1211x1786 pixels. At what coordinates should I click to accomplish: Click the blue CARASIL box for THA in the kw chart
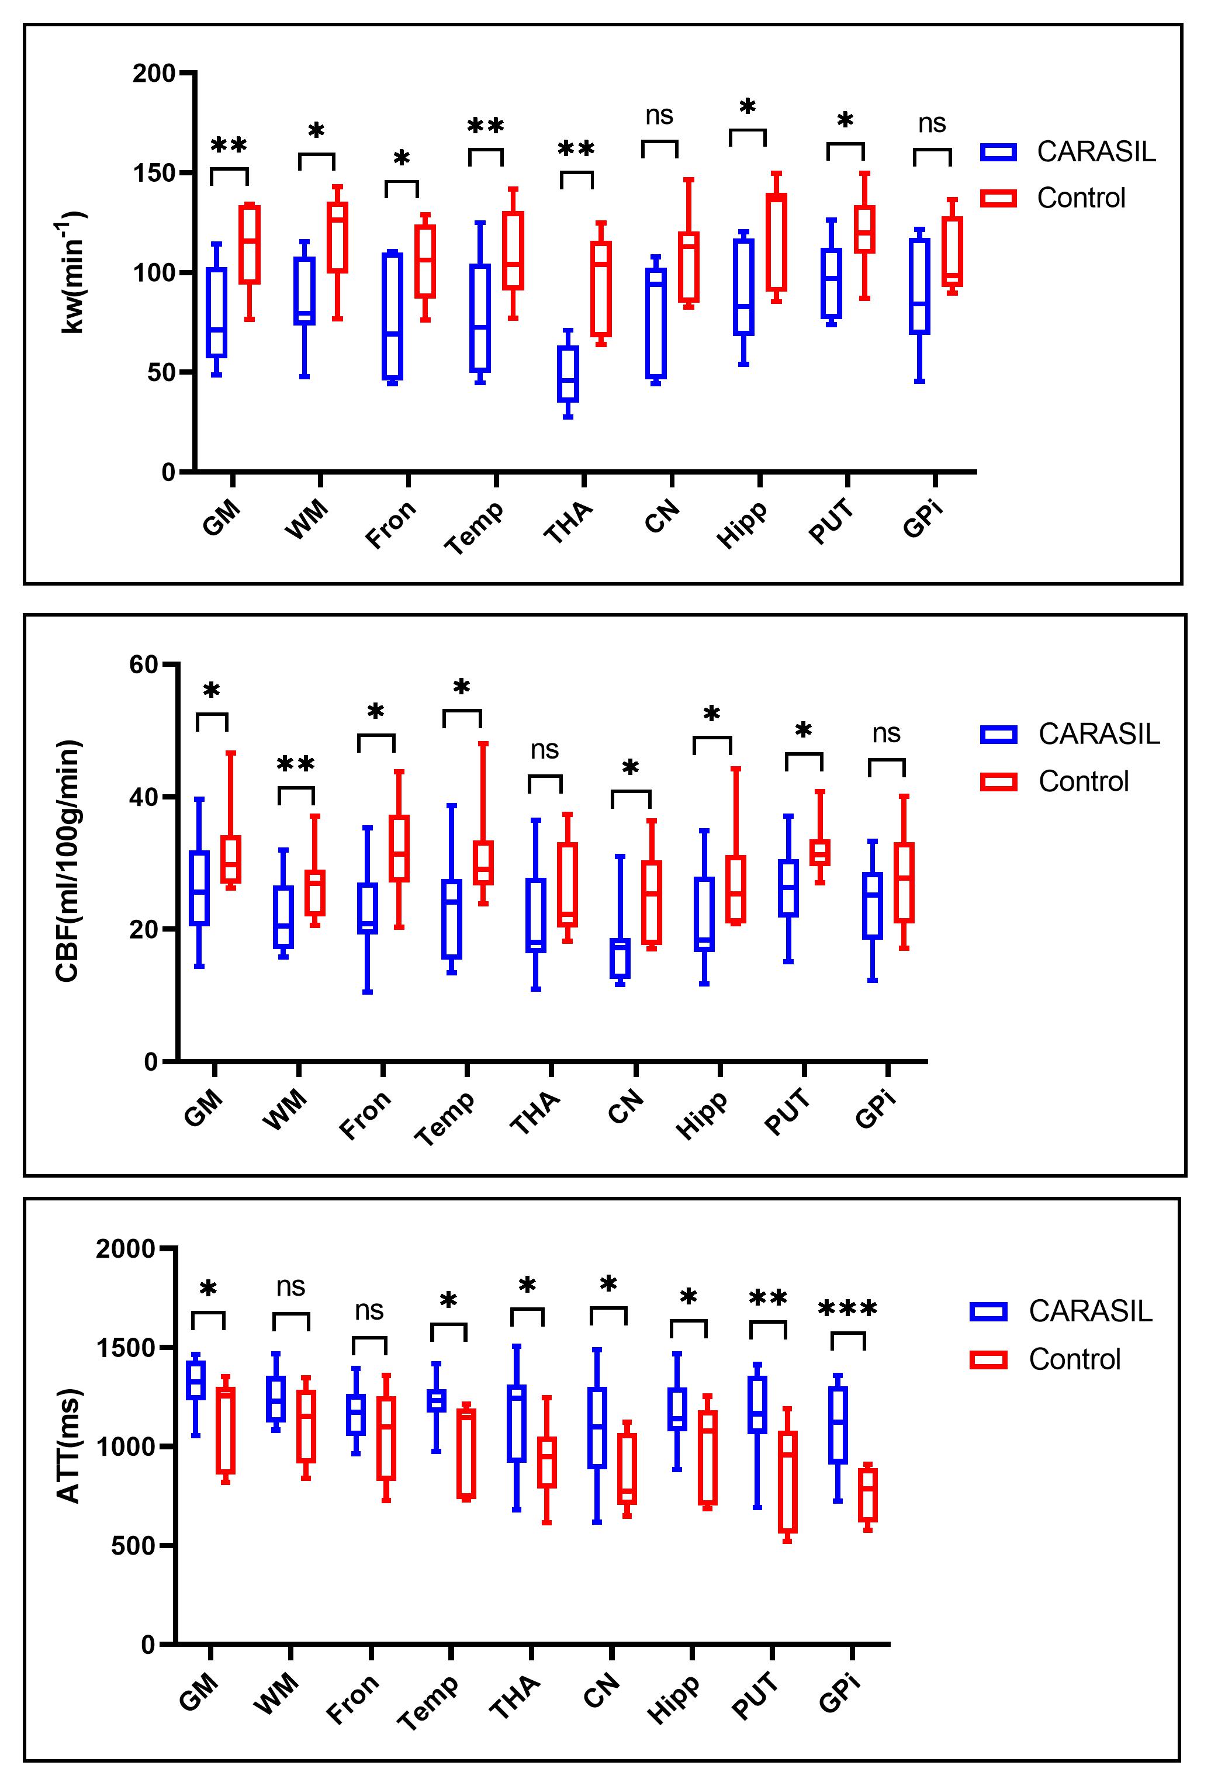click(568, 373)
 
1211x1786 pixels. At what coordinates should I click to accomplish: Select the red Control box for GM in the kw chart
click(249, 244)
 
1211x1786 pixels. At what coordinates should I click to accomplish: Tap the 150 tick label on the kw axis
click(154, 173)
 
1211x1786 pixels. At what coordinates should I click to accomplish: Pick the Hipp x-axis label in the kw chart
click(742, 524)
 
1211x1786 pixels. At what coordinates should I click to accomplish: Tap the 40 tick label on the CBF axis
click(144, 797)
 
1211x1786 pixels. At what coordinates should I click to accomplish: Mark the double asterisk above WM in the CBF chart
click(296, 764)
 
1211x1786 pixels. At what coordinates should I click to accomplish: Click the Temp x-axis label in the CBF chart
click(445, 1119)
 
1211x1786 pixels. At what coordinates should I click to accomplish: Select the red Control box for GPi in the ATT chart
click(869, 1495)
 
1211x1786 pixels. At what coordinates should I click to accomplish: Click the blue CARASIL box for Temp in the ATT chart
click(437, 1400)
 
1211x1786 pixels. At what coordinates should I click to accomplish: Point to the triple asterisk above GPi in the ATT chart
click(847, 1309)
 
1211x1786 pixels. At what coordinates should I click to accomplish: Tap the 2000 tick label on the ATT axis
click(125, 1249)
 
